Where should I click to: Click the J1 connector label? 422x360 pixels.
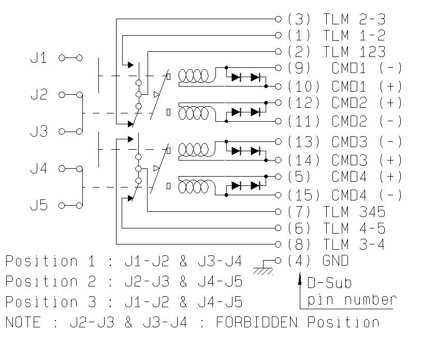click(39, 58)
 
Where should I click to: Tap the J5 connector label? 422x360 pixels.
click(39, 206)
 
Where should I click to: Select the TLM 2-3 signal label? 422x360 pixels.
click(354, 20)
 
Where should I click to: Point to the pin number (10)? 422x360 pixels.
click(303, 86)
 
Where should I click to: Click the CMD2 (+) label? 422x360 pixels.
click(367, 103)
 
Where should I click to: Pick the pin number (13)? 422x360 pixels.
click(303, 141)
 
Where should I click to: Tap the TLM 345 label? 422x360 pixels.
click(354, 211)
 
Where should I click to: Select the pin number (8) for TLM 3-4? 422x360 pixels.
click(299, 244)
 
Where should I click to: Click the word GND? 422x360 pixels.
click(336, 261)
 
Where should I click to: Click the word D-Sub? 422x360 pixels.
click(329, 283)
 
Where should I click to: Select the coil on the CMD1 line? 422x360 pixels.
click(194, 77)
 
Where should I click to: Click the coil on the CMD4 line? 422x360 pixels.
click(194, 186)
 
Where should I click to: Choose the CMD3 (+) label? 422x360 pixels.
click(367, 160)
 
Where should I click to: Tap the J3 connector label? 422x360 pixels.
click(39, 132)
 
